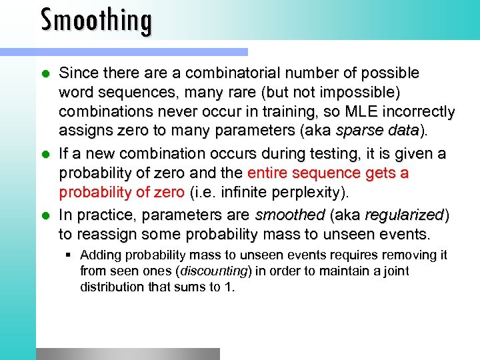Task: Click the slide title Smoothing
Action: click(97, 19)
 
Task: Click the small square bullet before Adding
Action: click(69, 255)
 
